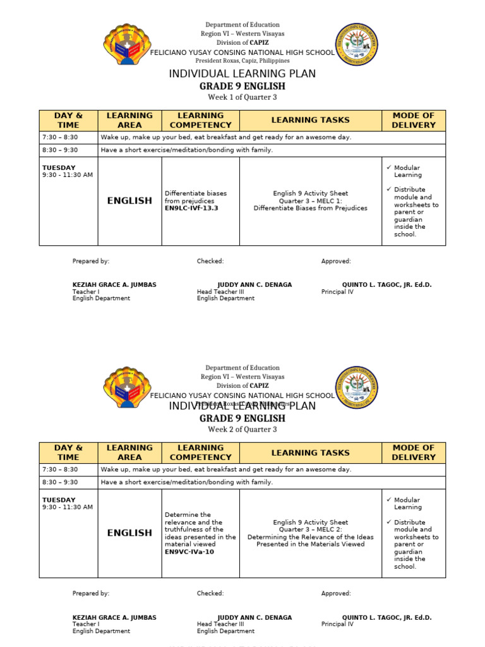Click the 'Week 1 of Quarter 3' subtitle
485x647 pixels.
click(242, 97)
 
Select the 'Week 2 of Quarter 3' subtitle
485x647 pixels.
click(242, 430)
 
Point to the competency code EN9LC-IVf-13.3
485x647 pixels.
click(191, 208)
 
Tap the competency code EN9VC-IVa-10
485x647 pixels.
click(189, 552)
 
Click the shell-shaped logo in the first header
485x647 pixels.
click(127, 44)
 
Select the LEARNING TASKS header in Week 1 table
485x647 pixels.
click(310, 120)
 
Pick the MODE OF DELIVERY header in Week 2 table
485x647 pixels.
click(414, 452)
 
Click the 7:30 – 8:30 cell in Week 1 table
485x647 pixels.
click(60, 137)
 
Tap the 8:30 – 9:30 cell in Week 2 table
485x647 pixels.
click(60, 482)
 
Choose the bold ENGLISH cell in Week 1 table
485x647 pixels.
click(129, 201)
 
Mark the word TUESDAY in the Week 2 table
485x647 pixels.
click(59, 500)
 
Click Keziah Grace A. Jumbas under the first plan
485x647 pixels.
click(114, 285)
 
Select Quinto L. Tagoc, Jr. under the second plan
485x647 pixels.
click(386, 617)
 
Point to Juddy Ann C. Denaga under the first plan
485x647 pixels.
click(254, 285)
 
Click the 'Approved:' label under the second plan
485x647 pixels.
click(336, 593)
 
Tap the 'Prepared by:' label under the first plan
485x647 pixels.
click(91, 261)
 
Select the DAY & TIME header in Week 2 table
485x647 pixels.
click(68, 452)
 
